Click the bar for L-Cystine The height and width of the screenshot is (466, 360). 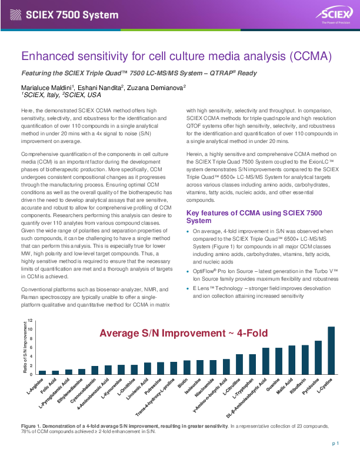coord(331,351)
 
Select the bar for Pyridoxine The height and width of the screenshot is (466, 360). coord(318,358)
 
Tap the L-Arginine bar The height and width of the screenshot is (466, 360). coord(42,372)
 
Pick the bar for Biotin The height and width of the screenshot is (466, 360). coord(187,367)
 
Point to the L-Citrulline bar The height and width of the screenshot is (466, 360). coord(239,364)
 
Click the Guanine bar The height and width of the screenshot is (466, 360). coord(279,361)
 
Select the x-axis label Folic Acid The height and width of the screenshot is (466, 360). coord(48,386)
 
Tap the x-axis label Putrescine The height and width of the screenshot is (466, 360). coord(153,387)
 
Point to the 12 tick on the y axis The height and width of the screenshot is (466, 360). coord(29,320)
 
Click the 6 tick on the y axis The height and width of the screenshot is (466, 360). coord(31,347)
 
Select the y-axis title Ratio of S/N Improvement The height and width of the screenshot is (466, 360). coord(25,347)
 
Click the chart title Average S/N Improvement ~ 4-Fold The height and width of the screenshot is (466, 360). coord(184,333)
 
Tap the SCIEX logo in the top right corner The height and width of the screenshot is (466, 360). coord(335,14)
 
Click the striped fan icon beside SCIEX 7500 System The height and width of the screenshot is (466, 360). coord(15,15)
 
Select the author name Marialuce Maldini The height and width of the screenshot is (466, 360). coord(46,88)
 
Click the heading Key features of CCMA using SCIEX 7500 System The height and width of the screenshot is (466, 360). coord(254,217)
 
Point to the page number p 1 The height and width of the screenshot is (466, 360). coord(335,444)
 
